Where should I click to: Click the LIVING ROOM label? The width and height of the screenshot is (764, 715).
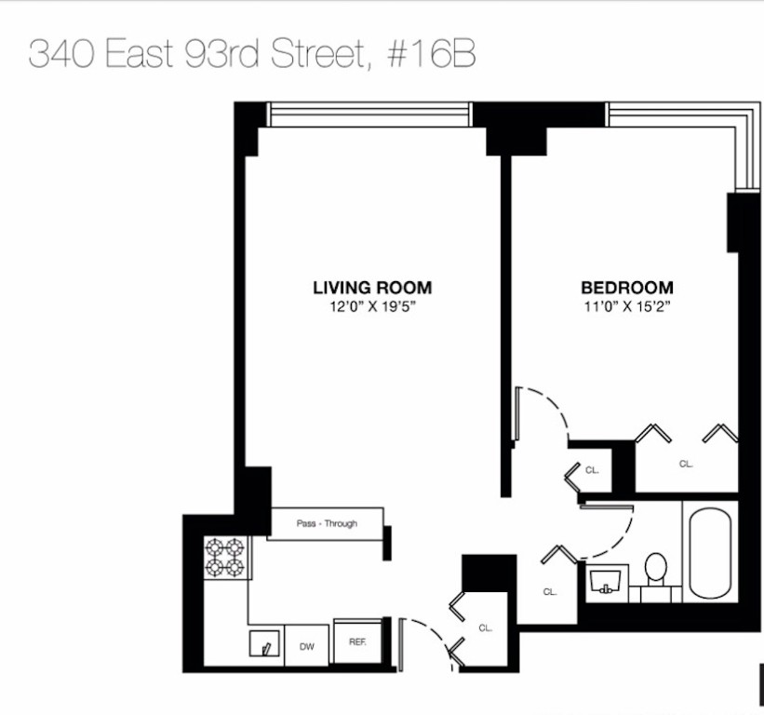pos(372,288)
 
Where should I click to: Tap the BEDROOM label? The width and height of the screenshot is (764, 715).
pos(626,288)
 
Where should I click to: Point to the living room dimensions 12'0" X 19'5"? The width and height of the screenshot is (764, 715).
pos(372,305)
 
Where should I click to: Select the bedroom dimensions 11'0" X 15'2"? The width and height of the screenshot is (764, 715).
pos(626,305)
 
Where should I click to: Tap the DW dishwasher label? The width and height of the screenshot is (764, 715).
pos(306,644)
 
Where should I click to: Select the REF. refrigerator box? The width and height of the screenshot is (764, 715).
pos(357,641)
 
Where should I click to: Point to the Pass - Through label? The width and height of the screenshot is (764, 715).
pos(327,523)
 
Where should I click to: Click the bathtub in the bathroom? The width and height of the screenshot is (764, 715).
pos(710,553)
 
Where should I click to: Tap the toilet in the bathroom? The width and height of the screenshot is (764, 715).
pos(657,568)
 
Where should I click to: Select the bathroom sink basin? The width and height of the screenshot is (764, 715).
pos(608,583)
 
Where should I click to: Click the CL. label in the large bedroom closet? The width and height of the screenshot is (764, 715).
pos(686,463)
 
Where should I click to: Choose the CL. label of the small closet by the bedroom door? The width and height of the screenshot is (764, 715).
pos(593,470)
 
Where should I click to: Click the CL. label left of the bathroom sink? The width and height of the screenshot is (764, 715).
pos(550,591)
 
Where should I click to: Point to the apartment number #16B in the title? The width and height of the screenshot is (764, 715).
pos(429,54)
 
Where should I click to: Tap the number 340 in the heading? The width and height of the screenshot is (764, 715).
pos(61,54)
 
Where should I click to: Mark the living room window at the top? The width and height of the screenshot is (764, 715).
pos(369,115)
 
